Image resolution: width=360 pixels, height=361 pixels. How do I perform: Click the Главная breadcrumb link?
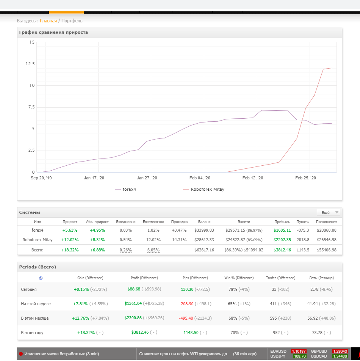(x=49, y=21)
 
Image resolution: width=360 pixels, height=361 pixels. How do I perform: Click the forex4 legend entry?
(x=129, y=189)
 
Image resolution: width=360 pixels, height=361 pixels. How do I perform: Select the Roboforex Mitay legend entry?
(x=207, y=189)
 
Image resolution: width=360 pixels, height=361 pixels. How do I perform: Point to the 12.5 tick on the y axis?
(x=30, y=64)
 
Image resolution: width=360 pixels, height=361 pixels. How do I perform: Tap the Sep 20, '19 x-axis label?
(x=41, y=178)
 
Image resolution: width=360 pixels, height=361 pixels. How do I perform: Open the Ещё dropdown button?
(x=328, y=212)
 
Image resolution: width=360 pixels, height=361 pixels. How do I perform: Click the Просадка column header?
(x=179, y=221)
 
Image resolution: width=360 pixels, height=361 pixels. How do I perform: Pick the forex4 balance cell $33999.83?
(x=204, y=230)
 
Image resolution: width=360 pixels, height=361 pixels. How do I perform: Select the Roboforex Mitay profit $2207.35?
(x=282, y=240)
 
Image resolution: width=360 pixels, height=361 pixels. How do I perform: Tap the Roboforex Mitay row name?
(x=38, y=240)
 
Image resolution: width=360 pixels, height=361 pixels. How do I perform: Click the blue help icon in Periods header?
(x=41, y=278)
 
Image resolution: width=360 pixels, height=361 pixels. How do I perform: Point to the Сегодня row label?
(x=29, y=289)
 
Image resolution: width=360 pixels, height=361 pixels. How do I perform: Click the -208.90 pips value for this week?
(x=186, y=304)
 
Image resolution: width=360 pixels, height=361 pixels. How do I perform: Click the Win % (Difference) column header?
(x=239, y=278)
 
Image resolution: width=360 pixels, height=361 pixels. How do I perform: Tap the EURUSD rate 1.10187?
(x=299, y=351)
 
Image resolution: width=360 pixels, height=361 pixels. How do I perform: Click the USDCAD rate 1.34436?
(x=340, y=356)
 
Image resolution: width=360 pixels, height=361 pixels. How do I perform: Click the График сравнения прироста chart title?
(x=53, y=32)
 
